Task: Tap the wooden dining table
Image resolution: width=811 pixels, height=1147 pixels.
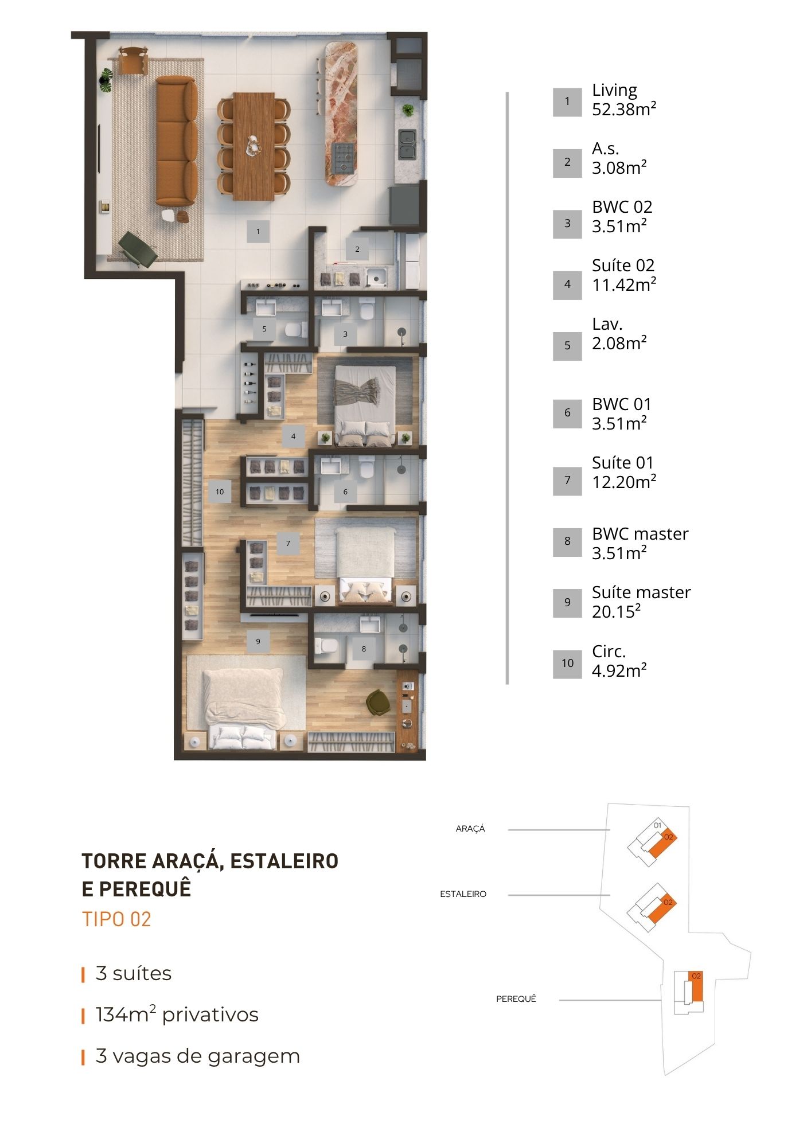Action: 254,146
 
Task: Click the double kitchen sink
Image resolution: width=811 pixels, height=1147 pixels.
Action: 407,145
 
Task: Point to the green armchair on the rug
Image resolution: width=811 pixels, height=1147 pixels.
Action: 138,248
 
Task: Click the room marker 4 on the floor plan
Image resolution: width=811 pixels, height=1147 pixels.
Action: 293,436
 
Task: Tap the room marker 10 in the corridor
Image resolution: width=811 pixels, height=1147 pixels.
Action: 220,491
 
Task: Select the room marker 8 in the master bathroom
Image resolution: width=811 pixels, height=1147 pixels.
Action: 364,649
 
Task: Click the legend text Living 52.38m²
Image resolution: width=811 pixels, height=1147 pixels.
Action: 624,100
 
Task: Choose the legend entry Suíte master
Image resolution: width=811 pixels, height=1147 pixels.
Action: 641,592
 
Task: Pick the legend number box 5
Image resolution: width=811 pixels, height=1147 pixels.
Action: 567,346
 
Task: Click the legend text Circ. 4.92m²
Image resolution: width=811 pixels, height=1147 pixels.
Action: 619,661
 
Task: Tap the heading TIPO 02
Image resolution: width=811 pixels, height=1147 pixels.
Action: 116,919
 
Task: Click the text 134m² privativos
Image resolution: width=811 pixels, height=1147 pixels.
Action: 177,1015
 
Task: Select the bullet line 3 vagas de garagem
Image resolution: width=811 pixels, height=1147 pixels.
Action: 198,1056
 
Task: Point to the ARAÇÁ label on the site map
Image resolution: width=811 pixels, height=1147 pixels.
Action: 470,829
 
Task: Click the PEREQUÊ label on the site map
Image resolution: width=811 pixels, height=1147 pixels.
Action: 516,999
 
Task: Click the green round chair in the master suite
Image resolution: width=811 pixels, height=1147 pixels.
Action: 377,702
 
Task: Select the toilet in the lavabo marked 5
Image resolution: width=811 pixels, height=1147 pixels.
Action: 294,330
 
